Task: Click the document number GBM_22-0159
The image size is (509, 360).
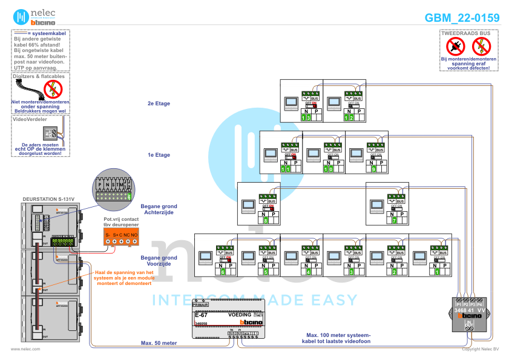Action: pos(462,18)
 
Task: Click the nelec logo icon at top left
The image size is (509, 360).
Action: pos(22,16)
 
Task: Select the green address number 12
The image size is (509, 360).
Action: pos(350,117)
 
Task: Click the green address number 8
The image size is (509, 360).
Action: pos(266,220)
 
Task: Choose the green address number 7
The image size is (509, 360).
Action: pos(395,220)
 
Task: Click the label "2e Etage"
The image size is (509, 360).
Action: pos(159,103)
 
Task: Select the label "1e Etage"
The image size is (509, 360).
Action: pos(159,155)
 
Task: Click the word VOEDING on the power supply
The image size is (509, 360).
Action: pos(240,315)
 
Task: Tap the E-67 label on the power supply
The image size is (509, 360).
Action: pos(201,315)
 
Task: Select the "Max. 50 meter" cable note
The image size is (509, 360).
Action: pos(159,343)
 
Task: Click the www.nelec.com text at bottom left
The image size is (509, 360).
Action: pos(25,349)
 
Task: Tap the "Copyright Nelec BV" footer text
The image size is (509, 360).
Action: pos(480,349)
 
